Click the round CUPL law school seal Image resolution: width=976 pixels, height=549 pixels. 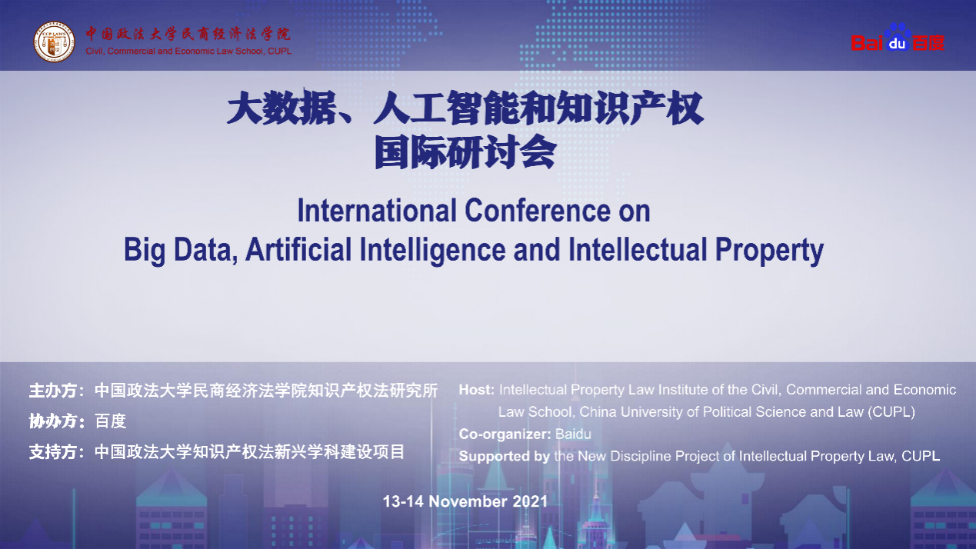(55, 42)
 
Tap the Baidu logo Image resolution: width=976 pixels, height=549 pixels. (898, 38)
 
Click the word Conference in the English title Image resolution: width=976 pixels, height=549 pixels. (538, 211)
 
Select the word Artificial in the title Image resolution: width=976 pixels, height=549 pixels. (298, 250)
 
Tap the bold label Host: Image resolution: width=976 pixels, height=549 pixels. (476, 390)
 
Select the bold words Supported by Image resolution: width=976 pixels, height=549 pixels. (504, 456)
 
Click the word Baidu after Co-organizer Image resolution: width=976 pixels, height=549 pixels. (573, 434)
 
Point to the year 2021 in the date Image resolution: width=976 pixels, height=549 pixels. (530, 501)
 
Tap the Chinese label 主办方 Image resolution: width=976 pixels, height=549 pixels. (53, 391)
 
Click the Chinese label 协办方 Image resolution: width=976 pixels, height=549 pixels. (53, 421)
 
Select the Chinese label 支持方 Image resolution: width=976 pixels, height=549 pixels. (53, 452)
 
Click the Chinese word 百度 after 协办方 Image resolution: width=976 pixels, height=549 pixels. (111, 421)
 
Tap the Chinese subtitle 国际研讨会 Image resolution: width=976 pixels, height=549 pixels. (465, 151)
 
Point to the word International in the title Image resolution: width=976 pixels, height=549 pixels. (377, 211)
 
